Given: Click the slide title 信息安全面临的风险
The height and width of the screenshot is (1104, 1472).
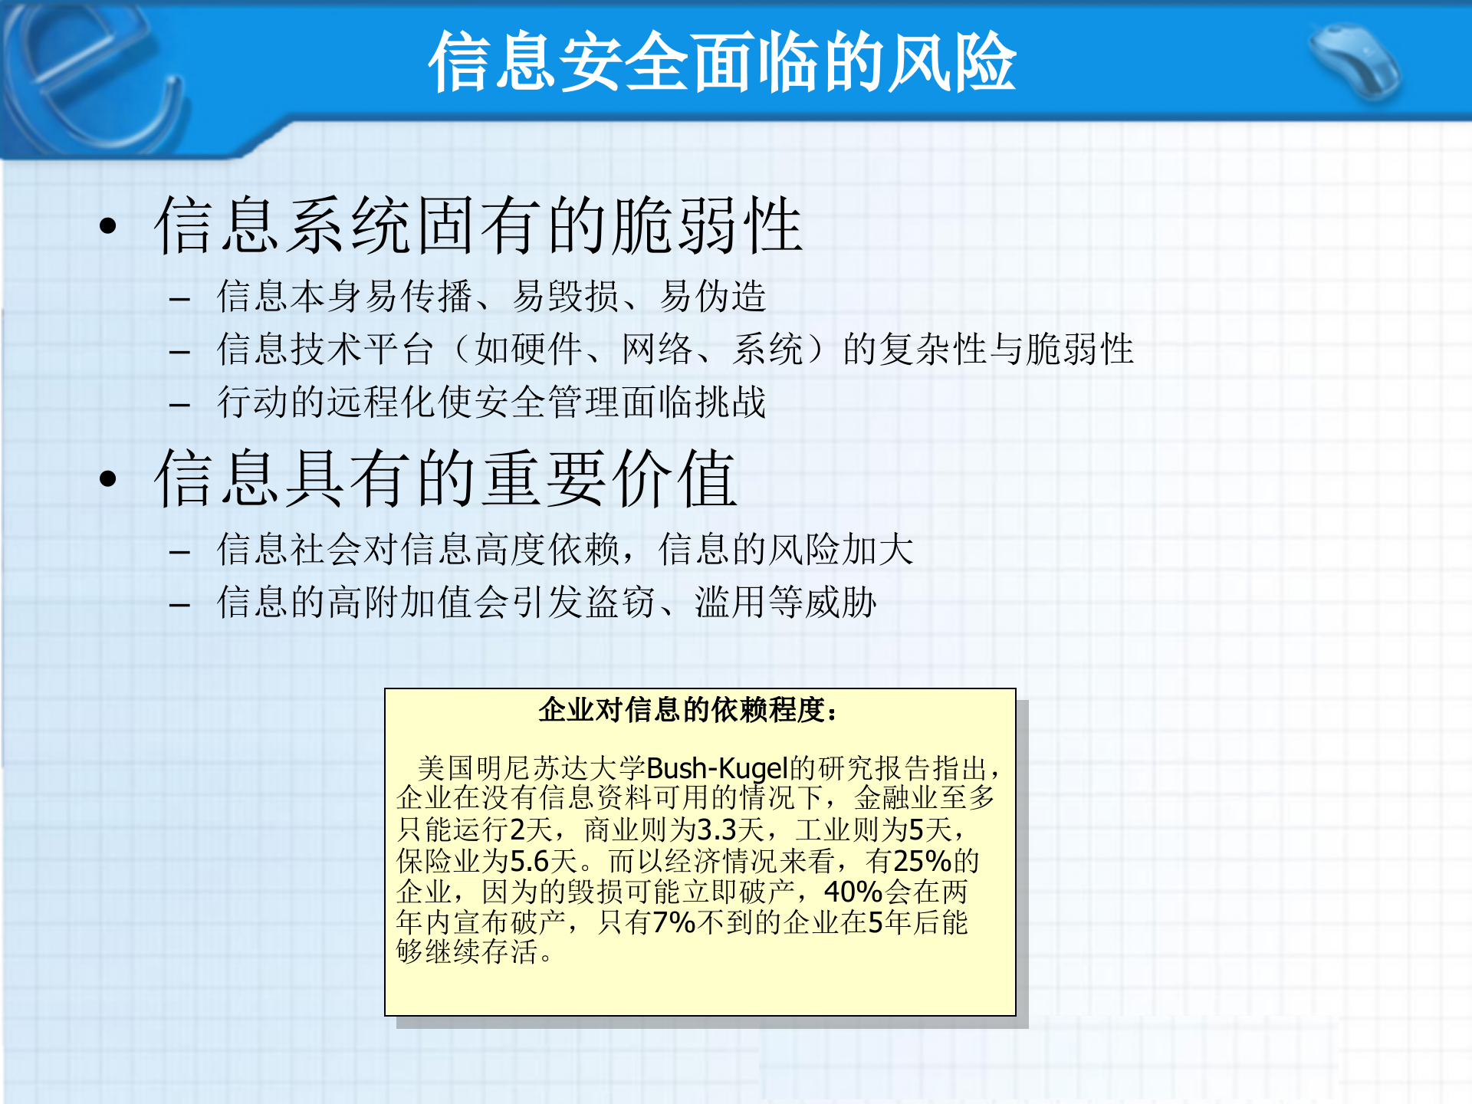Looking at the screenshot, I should click(721, 62).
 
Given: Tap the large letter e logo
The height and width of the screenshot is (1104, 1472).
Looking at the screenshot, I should click(92, 77).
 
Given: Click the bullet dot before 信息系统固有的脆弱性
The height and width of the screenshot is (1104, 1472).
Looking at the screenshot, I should click(108, 225).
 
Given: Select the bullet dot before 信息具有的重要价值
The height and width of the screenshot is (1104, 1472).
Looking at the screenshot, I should click(108, 478).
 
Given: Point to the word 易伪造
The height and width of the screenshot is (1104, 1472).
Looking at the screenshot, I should click(713, 297).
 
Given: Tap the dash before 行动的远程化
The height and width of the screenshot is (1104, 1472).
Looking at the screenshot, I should click(179, 404).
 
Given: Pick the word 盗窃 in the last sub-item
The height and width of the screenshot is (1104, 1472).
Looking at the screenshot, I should click(621, 603).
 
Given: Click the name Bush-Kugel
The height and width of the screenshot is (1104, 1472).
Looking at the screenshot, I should click(718, 767).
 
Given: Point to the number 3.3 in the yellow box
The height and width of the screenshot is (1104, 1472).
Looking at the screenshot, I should click(717, 830).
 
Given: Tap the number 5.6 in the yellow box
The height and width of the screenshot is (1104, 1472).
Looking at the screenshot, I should click(529, 861).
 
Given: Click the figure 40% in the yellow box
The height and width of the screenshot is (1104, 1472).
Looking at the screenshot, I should click(853, 892).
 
